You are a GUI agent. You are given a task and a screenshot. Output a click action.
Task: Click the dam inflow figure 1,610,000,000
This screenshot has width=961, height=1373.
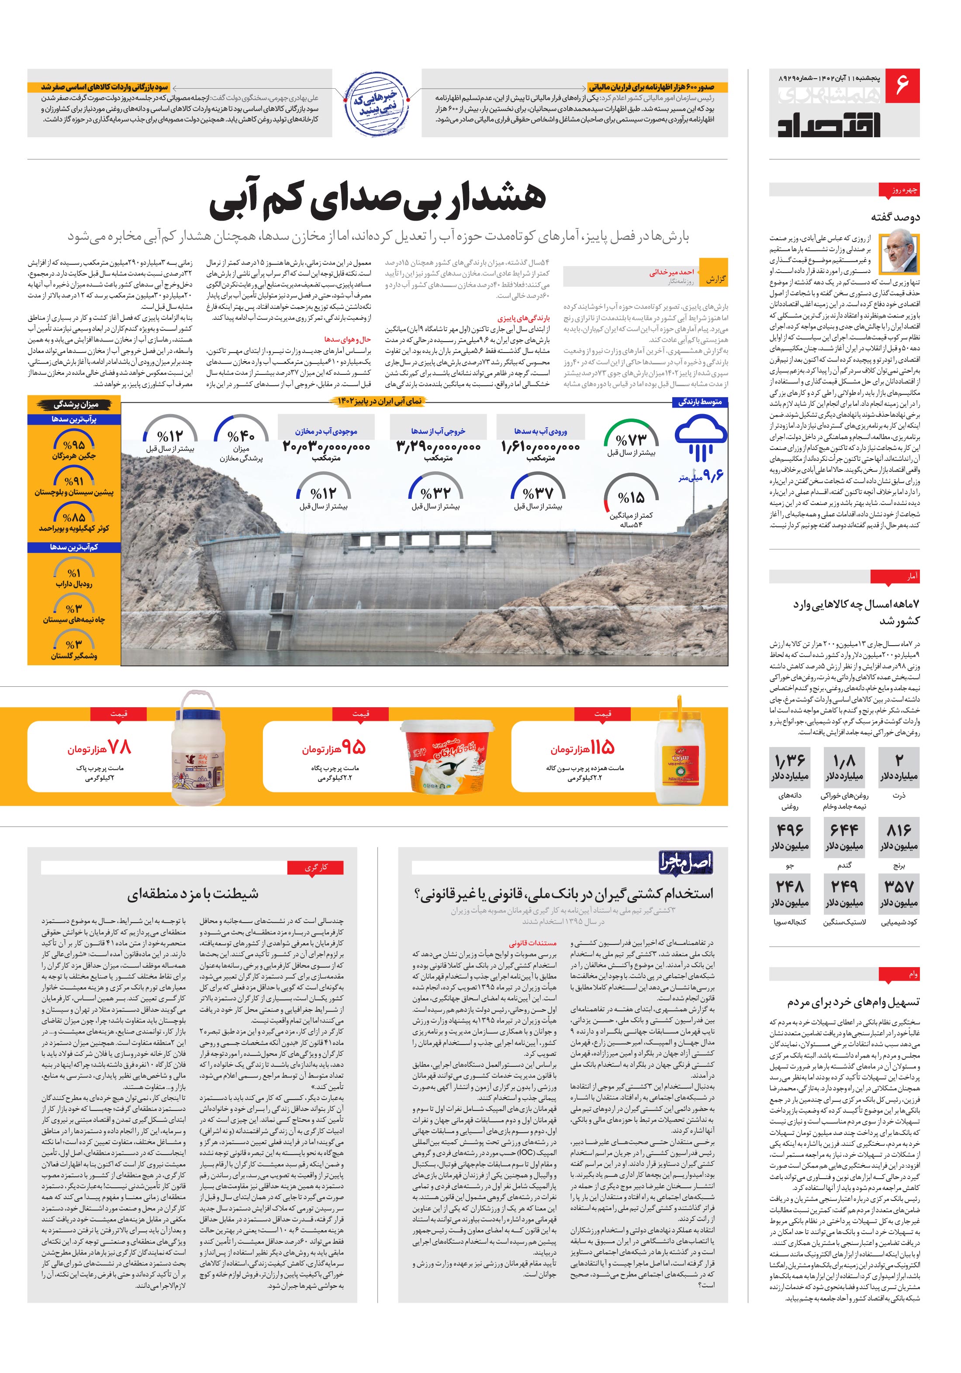[x=540, y=447]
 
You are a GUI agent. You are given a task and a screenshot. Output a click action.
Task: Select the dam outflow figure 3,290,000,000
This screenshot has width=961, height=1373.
[x=438, y=447]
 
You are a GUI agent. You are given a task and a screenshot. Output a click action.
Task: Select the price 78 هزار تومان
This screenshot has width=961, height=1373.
[x=99, y=747]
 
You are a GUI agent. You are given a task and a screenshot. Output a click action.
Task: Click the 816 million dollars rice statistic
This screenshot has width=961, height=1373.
[x=899, y=836]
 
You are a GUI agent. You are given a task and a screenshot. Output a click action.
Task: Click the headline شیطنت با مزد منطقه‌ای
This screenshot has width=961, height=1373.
[x=193, y=894]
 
